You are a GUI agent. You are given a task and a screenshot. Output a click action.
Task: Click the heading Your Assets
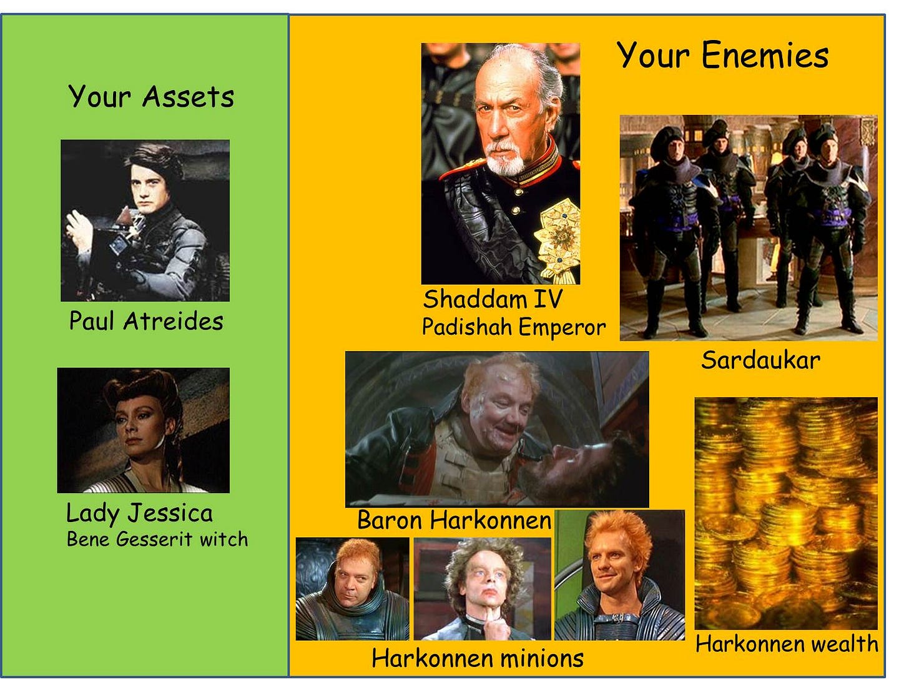[151, 97]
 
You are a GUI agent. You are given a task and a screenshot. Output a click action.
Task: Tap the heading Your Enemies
[722, 55]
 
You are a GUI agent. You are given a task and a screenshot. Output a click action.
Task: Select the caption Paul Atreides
[146, 321]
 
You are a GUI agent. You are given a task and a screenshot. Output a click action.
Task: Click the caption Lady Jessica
[139, 513]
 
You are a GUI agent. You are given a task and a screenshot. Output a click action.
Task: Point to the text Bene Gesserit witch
[157, 539]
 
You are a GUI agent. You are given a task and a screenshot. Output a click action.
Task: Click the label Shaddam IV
[493, 299]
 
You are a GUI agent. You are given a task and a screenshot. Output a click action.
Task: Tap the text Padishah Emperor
[513, 327]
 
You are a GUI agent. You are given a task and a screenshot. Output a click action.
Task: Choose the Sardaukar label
[760, 360]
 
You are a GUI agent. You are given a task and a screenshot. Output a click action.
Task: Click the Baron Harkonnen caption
[454, 520]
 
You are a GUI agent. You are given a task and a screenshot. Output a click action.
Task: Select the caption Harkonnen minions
[478, 658]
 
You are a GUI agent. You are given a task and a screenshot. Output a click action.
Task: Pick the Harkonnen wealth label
[787, 644]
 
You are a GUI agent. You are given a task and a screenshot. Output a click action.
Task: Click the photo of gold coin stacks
[785, 512]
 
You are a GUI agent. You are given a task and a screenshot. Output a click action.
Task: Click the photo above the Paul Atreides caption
[145, 220]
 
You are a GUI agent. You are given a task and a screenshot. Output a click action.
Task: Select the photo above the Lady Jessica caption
[143, 430]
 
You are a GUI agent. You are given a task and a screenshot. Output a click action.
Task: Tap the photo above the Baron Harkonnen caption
[497, 429]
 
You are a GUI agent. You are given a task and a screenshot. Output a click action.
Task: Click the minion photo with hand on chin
[483, 588]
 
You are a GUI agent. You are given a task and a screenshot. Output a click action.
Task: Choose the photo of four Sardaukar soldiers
[749, 228]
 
